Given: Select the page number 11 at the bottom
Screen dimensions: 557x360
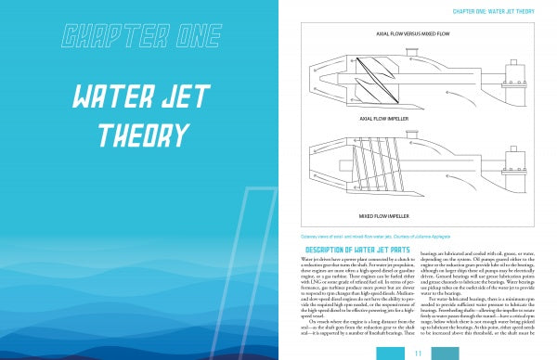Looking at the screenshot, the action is [x=419, y=353].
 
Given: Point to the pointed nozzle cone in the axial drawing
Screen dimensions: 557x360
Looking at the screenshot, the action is [x=320, y=79].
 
